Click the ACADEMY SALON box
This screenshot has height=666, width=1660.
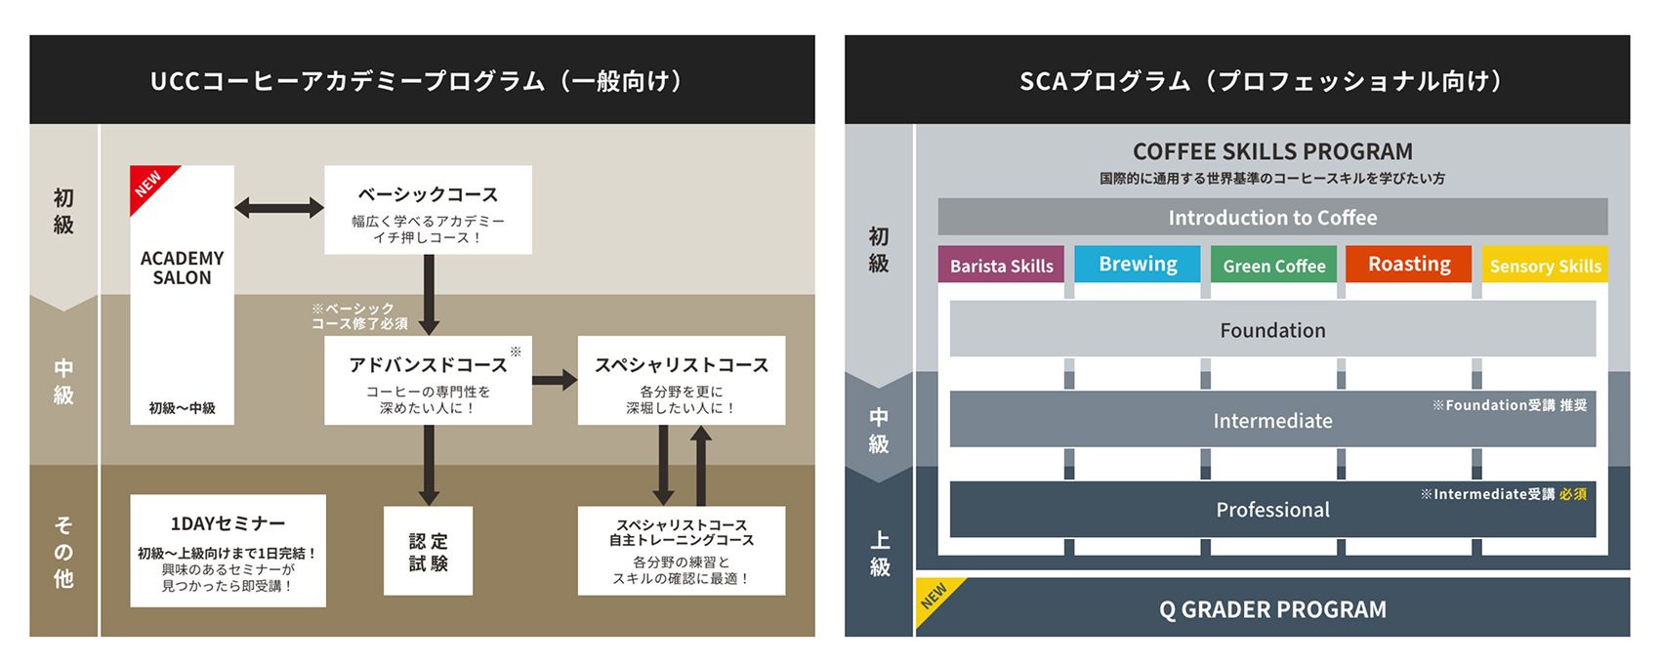point(182,295)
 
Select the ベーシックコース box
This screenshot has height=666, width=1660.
point(428,210)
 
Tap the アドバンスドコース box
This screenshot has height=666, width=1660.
point(428,380)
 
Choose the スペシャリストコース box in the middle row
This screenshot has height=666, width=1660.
point(682,380)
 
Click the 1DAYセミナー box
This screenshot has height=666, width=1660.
point(228,551)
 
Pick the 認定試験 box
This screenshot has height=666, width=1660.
point(428,551)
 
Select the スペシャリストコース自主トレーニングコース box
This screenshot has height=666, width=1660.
point(682,551)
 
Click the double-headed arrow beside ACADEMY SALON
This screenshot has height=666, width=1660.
point(279,207)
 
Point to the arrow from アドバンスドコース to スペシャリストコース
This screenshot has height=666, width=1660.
point(555,380)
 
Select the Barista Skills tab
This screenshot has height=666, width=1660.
point(1001,265)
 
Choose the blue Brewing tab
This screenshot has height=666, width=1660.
point(1138,264)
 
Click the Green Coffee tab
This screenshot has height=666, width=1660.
point(1274,265)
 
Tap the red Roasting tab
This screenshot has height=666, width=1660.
point(1409,264)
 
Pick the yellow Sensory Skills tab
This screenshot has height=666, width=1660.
point(1545,265)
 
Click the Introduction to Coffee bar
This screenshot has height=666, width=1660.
point(1273,217)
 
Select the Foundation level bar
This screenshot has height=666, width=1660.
point(1273,329)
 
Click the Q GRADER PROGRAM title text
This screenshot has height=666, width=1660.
point(1272,609)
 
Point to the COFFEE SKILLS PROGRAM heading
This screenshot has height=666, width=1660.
point(1272,151)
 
